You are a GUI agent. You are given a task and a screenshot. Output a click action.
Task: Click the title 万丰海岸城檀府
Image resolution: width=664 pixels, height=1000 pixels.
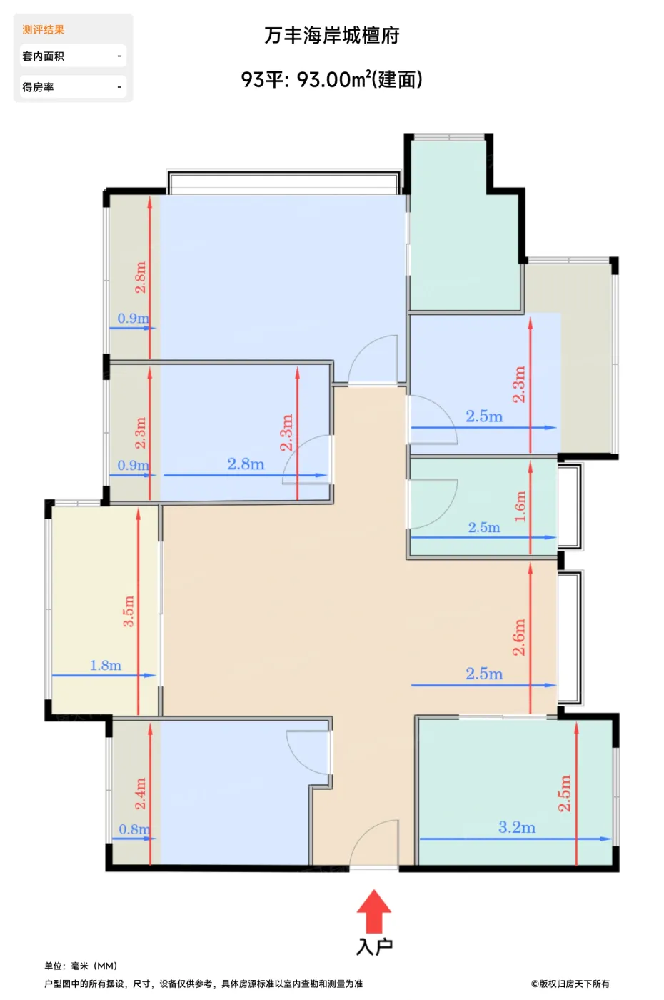[x=331, y=36]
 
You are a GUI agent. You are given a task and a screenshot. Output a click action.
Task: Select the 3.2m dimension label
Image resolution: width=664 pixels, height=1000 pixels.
[x=516, y=827]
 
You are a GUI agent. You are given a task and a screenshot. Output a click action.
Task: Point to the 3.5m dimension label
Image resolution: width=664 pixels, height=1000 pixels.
[x=129, y=611]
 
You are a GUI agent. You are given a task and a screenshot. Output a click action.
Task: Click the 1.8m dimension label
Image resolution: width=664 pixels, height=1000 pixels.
[x=106, y=666]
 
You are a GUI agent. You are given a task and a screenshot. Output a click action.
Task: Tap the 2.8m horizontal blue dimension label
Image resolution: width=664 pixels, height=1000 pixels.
[x=246, y=464]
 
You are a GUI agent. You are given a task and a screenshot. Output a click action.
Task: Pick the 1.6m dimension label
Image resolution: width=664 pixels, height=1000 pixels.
[x=520, y=506]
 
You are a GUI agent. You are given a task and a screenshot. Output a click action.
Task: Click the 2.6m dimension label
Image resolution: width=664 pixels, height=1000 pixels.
[x=519, y=637]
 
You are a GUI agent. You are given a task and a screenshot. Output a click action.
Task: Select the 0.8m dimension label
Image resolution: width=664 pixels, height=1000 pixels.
[x=134, y=829]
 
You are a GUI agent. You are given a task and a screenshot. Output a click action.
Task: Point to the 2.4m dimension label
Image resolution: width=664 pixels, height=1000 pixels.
[x=140, y=794]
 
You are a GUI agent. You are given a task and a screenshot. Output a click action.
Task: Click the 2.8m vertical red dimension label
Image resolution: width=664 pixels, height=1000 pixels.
[x=140, y=277]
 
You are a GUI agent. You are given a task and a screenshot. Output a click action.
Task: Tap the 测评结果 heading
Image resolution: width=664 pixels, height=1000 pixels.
[x=44, y=30]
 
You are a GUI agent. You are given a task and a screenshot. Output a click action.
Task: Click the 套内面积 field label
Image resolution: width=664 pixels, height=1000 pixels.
[x=44, y=56]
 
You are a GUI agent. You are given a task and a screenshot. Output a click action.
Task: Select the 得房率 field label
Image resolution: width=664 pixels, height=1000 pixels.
[x=39, y=87]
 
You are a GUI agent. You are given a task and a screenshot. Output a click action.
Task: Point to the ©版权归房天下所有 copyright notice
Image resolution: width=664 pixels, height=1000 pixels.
[x=570, y=984]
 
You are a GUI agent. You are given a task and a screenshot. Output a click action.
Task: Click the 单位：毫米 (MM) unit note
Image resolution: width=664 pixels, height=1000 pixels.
[x=81, y=966]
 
